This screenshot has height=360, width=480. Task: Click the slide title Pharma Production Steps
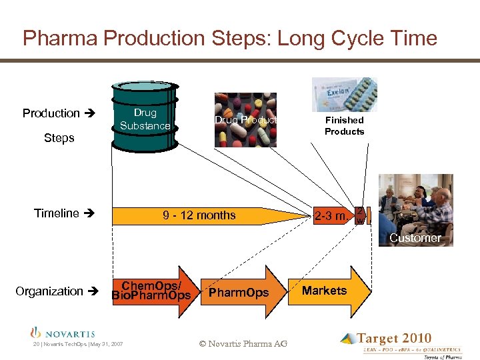coord(229,38)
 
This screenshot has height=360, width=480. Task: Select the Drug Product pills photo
coord(245,120)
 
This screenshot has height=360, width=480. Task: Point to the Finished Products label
coord(344,126)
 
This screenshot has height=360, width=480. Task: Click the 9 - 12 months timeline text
coord(199,215)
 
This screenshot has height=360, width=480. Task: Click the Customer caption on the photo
coord(415,238)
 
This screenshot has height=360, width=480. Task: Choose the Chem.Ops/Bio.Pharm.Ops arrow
coord(152,291)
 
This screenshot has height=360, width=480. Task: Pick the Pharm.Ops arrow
coord(238,293)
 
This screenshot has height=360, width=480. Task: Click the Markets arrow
coord(325,291)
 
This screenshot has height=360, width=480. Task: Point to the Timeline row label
coord(57,213)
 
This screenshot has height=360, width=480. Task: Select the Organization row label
coord(49,291)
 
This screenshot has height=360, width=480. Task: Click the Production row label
coord(51,113)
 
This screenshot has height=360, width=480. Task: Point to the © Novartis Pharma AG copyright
coord(243,344)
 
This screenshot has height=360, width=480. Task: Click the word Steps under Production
coord(59,138)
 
